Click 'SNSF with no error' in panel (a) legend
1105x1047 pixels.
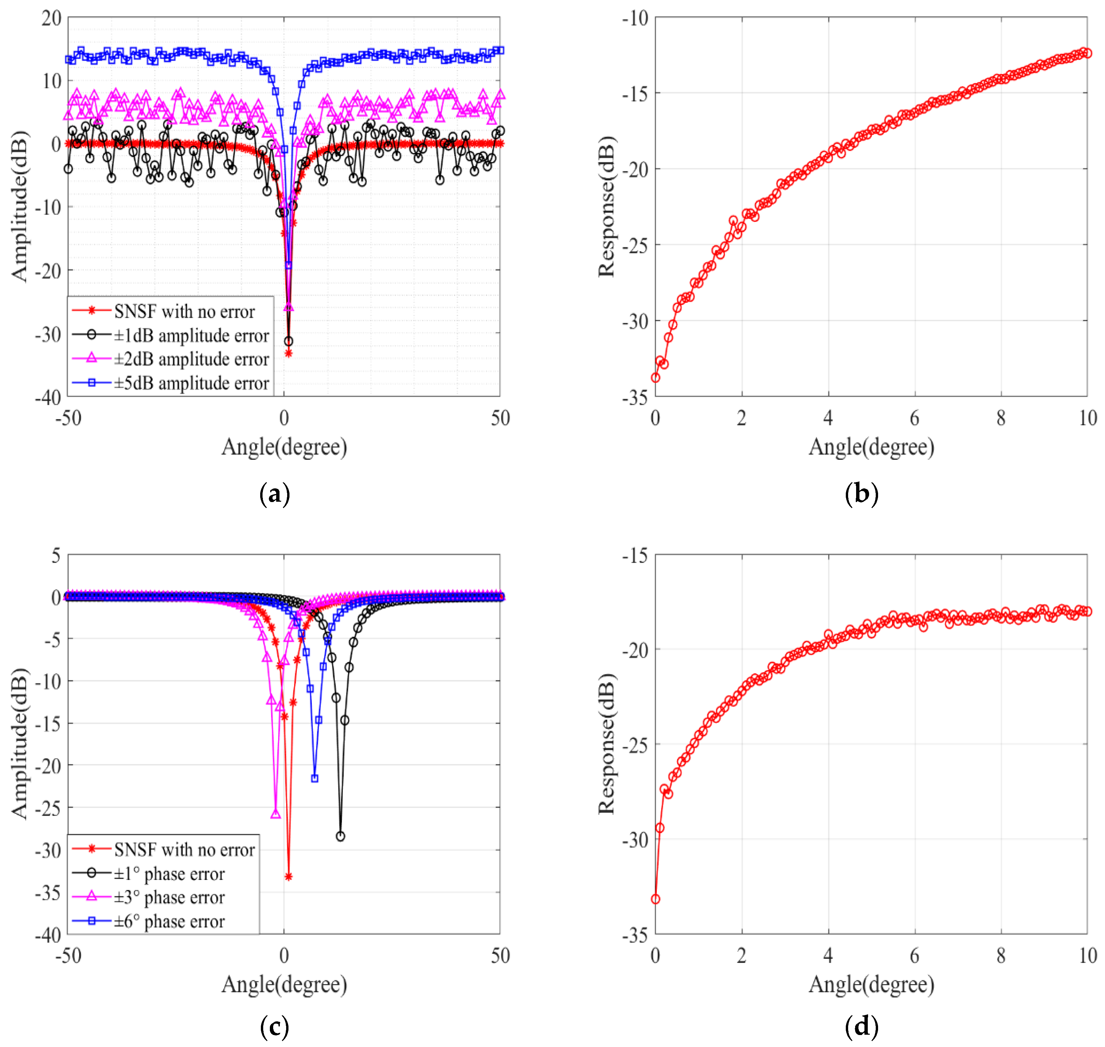coord(184,311)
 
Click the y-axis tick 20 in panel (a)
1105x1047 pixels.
coord(51,18)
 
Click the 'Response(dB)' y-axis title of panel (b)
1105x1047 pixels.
coord(606,207)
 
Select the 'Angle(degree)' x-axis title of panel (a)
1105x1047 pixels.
coord(284,447)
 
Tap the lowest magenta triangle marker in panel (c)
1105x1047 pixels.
coord(275,814)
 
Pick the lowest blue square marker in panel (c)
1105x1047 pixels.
coord(315,778)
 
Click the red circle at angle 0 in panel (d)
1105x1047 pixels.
coord(656,899)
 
